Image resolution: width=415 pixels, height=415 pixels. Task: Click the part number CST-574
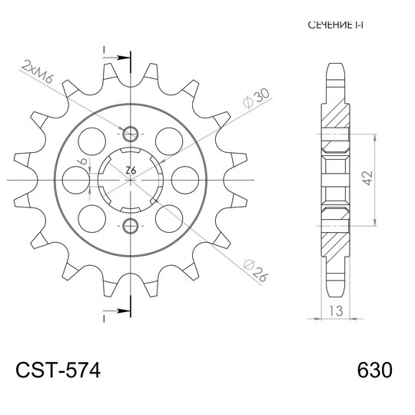(x=58, y=370)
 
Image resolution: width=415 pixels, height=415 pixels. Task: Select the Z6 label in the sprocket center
(x=130, y=169)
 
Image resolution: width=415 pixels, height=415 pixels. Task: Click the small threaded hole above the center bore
(x=129, y=131)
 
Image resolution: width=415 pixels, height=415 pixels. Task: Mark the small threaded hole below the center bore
(x=129, y=225)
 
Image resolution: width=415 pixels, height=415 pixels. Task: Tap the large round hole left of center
(x=75, y=179)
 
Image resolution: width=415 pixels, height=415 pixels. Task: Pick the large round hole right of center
(x=184, y=179)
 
